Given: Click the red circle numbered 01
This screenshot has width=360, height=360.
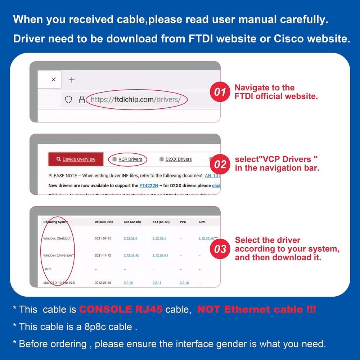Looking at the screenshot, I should (220, 92).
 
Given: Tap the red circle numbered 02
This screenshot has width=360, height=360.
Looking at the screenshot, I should (220, 165).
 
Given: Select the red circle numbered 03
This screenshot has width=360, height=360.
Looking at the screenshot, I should (220, 249).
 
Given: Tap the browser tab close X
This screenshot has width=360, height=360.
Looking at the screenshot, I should (54, 80).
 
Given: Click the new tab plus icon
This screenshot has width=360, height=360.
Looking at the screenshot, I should (72, 80).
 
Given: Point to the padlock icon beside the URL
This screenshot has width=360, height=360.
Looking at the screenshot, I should (82, 99).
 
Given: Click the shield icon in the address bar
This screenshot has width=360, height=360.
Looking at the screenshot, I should (68, 99).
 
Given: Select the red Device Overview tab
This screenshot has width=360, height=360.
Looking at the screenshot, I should (76, 159).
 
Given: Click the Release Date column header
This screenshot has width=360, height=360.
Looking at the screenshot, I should (104, 222).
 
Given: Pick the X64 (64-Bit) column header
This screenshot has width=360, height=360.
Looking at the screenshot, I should (161, 222).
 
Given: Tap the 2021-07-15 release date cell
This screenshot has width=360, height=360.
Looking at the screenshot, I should (103, 238).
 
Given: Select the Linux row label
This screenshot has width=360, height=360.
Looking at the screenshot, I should (47, 269).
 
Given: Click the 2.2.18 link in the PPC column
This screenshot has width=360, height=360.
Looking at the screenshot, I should (184, 283).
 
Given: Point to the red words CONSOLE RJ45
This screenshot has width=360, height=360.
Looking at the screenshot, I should (121, 309).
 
